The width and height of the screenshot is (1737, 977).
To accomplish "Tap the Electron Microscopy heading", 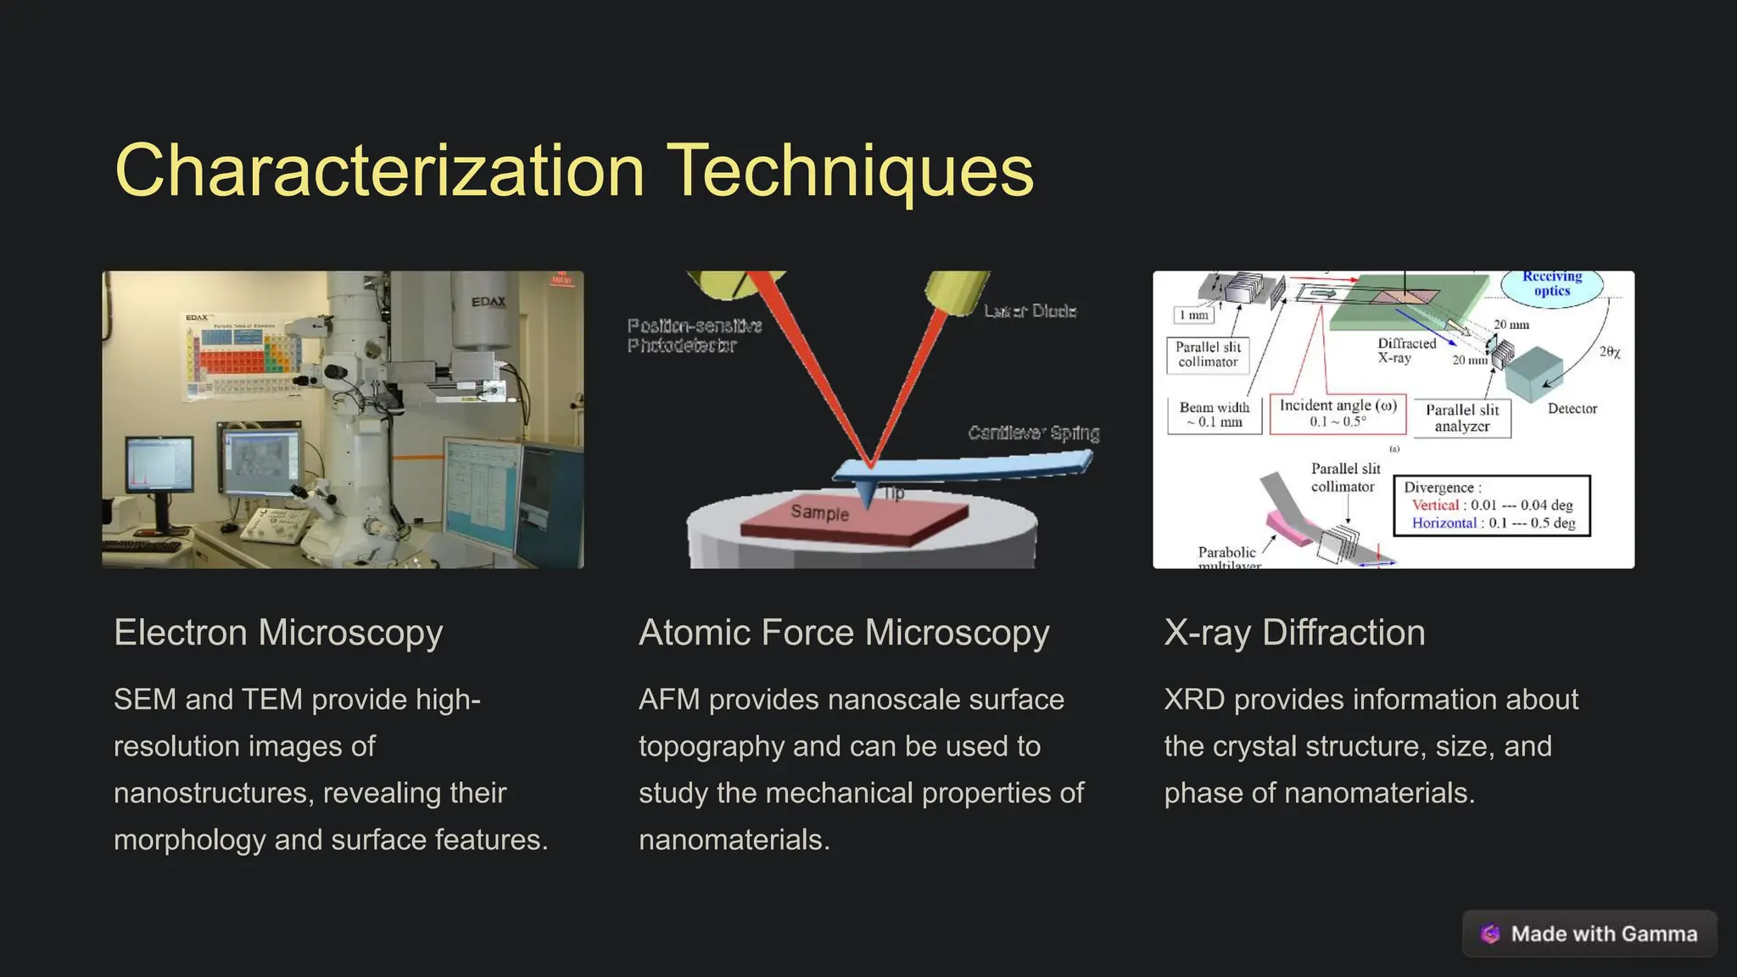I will (278, 633).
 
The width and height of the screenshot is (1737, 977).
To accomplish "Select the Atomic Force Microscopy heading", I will (844, 633).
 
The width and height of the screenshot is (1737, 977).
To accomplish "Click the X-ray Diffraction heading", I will (1294, 633).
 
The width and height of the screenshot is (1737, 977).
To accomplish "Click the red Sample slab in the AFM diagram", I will (852, 518).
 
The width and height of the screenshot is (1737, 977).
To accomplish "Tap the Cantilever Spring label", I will (1034, 433).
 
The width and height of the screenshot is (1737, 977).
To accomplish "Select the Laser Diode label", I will (1030, 311).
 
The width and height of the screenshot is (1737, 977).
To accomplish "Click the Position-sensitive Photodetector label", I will (695, 336).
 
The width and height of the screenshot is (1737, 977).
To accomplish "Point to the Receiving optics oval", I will (1551, 284).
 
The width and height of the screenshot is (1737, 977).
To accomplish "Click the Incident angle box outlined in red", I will (1338, 414).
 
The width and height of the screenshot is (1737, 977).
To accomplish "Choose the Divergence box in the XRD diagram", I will (1491, 505).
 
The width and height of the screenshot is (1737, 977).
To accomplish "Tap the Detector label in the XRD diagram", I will (1572, 409).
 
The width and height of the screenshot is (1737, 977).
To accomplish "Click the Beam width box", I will (1214, 415).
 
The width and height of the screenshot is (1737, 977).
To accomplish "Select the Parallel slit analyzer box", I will (1462, 418).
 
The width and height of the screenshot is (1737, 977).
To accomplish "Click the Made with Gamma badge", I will (1589, 934).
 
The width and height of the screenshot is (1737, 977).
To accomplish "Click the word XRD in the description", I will (1194, 700).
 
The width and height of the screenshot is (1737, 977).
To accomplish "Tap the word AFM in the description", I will (669, 700).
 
